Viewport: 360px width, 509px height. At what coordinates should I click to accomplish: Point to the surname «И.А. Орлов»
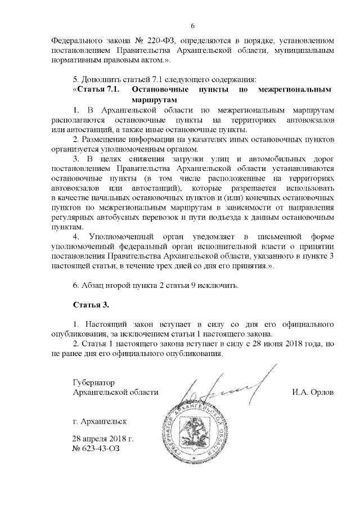313,392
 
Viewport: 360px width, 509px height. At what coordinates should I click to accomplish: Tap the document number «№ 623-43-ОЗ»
96,449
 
